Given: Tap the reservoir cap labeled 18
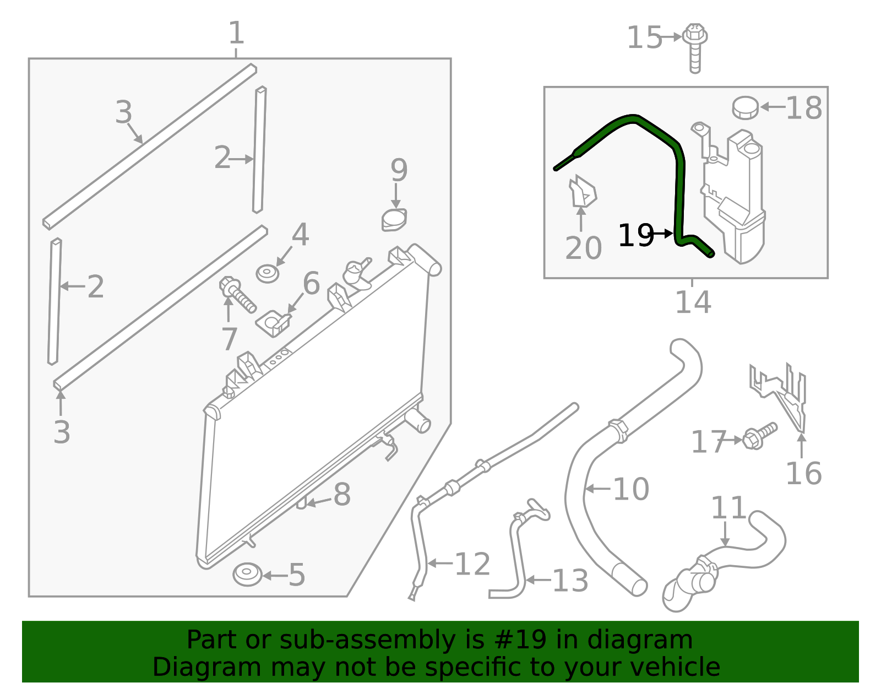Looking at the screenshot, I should pyautogui.click(x=745, y=107).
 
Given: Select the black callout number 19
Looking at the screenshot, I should pyautogui.click(x=635, y=235).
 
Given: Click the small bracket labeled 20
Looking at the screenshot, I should pyautogui.click(x=582, y=192).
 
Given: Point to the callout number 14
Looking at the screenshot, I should pyautogui.click(x=693, y=302).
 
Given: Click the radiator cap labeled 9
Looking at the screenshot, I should pyautogui.click(x=394, y=220).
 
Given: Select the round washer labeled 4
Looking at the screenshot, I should pyautogui.click(x=268, y=274).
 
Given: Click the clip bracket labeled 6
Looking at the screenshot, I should pyautogui.click(x=274, y=323).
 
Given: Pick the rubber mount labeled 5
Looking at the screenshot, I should pyautogui.click(x=247, y=575).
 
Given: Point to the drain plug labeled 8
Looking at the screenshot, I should pyautogui.click(x=301, y=502).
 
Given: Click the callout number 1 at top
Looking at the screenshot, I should pyautogui.click(x=236, y=34).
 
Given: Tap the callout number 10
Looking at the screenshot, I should pyautogui.click(x=630, y=489).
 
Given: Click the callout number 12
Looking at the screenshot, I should pyautogui.click(x=472, y=565).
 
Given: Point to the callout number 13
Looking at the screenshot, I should pyautogui.click(x=570, y=581).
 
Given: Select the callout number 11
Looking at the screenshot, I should pyautogui.click(x=728, y=508).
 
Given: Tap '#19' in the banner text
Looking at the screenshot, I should pyautogui.click(x=520, y=640).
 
